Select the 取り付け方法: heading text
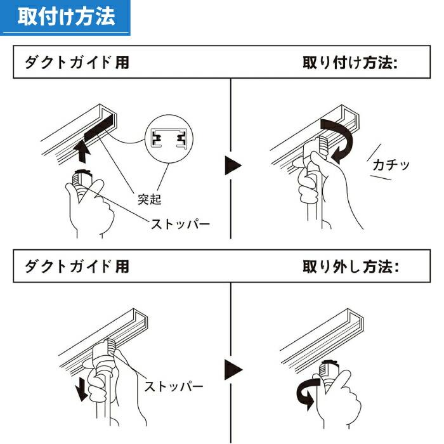349,63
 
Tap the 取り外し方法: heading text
351,266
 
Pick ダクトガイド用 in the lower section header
77,266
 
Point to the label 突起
150,199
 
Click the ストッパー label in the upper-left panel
180,224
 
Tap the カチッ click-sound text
391,166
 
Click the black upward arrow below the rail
81,152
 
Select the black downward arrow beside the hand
81,390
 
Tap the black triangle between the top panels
233,167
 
